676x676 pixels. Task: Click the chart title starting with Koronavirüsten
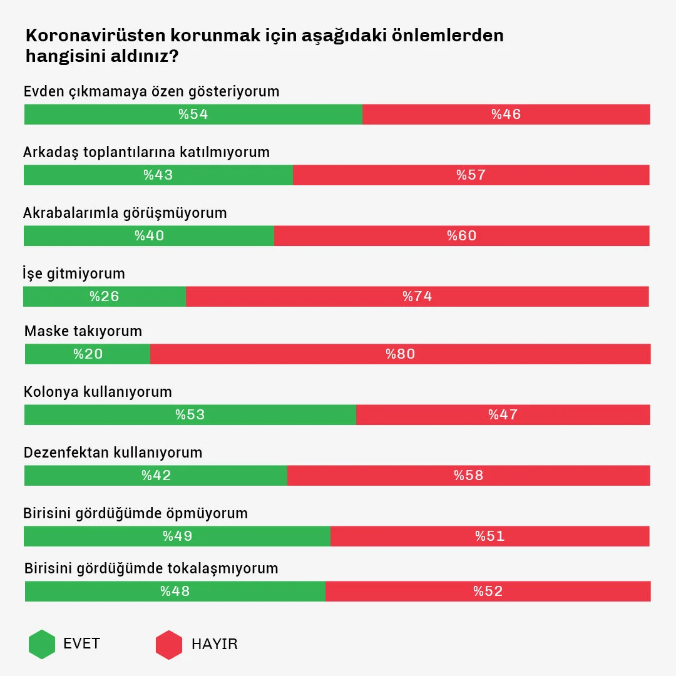[x=264, y=45]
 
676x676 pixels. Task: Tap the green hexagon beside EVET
[x=42, y=644]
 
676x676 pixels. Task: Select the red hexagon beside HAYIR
[x=169, y=645]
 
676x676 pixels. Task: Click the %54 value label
[x=193, y=115]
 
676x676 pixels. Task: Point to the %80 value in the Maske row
[x=401, y=354]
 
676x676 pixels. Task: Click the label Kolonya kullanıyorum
[x=98, y=392]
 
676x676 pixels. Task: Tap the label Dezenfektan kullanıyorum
[x=113, y=453]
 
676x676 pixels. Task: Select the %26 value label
[x=105, y=297]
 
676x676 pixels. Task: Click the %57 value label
[x=471, y=175]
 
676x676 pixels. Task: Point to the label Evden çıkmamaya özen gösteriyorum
[x=151, y=91]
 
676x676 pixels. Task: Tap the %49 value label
[x=177, y=536]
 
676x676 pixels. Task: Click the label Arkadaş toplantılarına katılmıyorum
[x=146, y=152]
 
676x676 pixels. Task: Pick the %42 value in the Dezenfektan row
[x=156, y=476]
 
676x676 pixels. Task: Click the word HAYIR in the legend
[x=215, y=645]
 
